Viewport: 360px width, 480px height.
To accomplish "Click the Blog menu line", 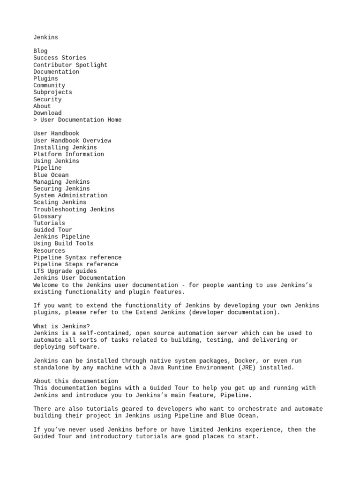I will [40, 51].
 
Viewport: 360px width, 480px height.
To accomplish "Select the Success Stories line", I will [53, 58].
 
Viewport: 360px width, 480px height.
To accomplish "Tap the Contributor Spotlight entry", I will [70, 65].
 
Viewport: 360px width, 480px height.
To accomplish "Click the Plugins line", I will [46, 79].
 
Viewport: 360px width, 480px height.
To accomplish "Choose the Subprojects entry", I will [53, 92].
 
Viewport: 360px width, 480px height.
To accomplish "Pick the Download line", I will [47, 113].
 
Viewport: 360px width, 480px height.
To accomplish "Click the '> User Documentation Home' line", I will [77, 120].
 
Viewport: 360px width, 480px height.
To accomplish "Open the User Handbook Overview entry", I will [72, 141].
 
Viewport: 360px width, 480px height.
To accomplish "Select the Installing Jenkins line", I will [65, 147].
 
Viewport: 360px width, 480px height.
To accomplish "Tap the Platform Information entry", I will [69, 154].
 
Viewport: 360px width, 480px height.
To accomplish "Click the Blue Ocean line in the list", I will [51, 175].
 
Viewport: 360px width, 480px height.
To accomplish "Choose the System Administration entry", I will [70, 195].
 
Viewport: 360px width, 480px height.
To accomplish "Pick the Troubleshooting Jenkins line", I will [74, 210].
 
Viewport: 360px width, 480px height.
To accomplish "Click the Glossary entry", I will [47, 216].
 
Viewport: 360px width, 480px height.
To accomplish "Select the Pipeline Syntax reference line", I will [77, 257].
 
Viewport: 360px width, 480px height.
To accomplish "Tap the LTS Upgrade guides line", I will [65, 271].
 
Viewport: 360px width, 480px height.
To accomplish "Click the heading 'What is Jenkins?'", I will [62, 326].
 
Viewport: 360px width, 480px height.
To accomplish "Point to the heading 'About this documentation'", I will [76, 381].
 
